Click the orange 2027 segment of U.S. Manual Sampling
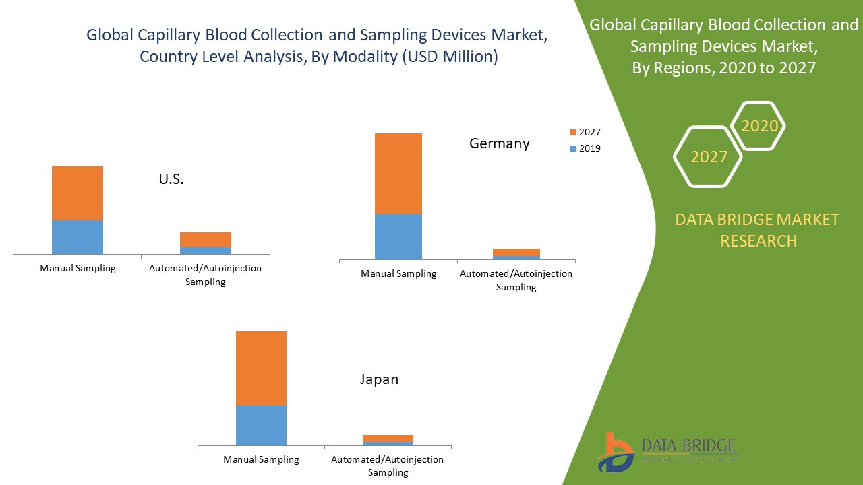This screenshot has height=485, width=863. tap(78, 193)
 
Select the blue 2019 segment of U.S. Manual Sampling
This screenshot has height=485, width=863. tap(78, 236)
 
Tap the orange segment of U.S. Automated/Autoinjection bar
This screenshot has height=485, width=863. tap(206, 239)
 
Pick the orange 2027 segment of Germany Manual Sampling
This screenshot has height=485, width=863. tap(398, 173)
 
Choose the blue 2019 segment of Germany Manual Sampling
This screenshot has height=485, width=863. tap(398, 236)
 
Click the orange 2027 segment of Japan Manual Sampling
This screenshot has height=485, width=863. tap(261, 368)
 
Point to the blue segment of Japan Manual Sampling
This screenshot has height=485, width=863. tap(261, 425)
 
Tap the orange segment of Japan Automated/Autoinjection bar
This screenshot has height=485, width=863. tap(388, 439)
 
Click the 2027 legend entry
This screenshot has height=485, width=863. tap(585, 133)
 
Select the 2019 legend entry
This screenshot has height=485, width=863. tap(585, 149)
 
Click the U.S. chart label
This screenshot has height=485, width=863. tap(171, 179)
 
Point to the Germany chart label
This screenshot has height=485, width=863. tap(500, 143)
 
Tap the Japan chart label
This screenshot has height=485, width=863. tap(379, 379)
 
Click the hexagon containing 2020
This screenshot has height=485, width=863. tap(759, 126)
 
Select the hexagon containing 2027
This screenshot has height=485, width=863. tap(709, 156)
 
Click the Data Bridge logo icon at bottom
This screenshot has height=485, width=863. tap(614, 452)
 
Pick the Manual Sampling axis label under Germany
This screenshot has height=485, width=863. tap(398, 273)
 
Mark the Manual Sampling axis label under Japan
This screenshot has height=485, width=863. tap(261, 459)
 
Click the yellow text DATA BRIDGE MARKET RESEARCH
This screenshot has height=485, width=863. tap(758, 230)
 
